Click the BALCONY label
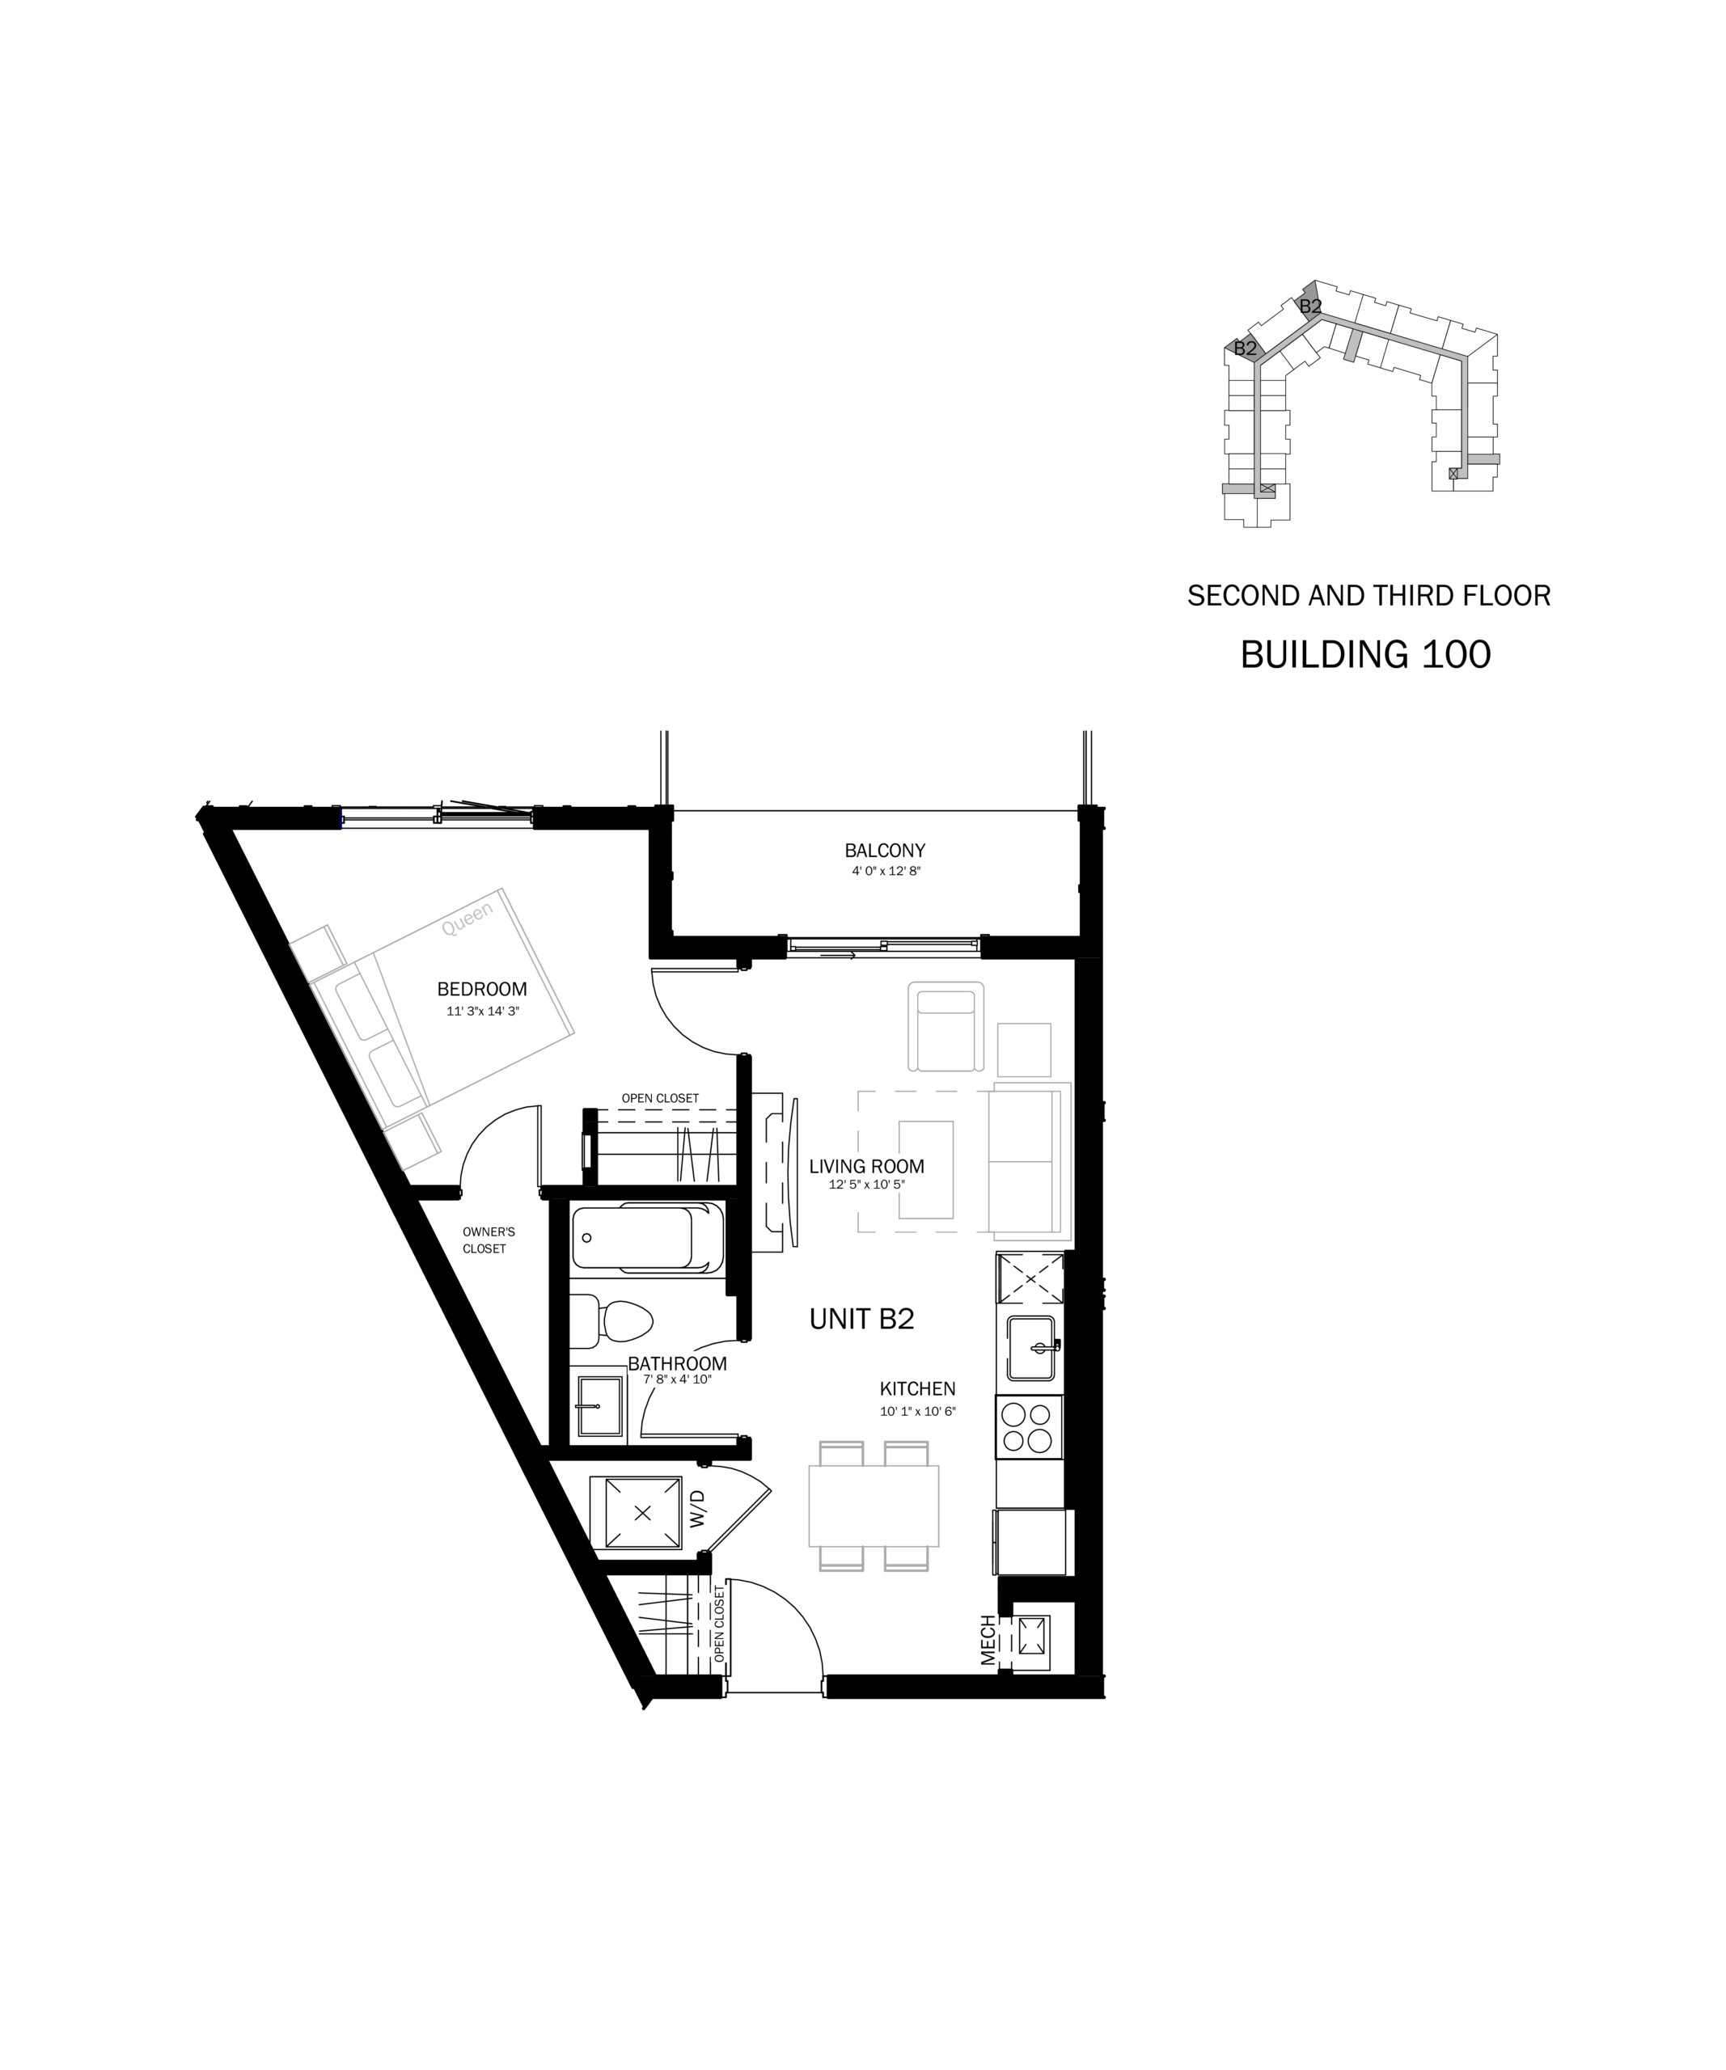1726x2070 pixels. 884,850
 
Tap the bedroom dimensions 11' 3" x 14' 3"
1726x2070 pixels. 482,1012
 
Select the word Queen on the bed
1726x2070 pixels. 467,919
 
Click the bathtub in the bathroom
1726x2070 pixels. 648,1238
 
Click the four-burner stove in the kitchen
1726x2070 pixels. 1029,1427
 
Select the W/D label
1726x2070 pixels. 698,1509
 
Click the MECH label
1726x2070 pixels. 988,1640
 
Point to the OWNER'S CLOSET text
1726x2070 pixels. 488,1240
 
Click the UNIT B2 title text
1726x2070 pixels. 861,1319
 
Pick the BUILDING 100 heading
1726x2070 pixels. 1365,654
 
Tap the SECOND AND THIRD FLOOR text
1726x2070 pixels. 1369,595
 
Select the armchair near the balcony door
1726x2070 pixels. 946,1026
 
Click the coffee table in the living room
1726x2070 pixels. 925,1170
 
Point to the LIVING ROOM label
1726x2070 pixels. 866,1166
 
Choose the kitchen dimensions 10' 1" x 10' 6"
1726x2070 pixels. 918,1412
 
